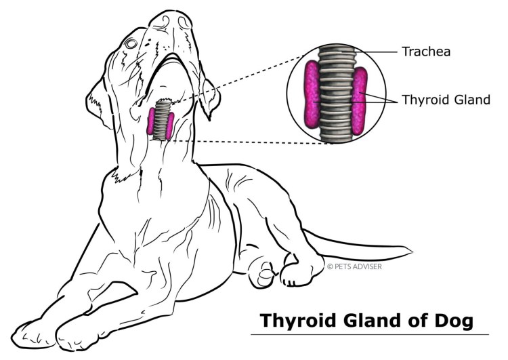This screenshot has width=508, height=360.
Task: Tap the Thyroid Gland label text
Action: (446, 99)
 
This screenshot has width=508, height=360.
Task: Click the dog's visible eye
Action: (131, 44)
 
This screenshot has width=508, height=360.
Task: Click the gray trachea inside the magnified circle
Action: (335, 95)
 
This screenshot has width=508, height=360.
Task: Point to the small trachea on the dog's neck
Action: (161, 119)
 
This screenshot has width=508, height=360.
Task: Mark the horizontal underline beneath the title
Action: (369, 334)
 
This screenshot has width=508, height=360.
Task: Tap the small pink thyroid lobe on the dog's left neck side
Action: (151, 122)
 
